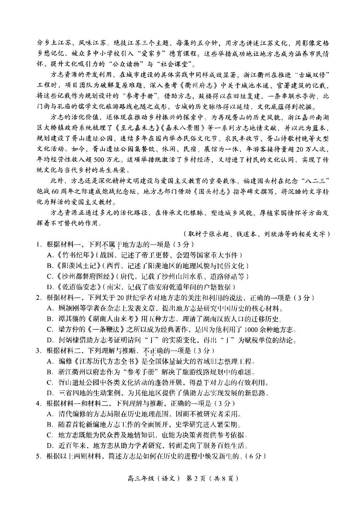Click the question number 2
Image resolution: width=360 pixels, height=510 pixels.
point(39,298)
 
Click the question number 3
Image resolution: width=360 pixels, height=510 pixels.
point(39,351)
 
